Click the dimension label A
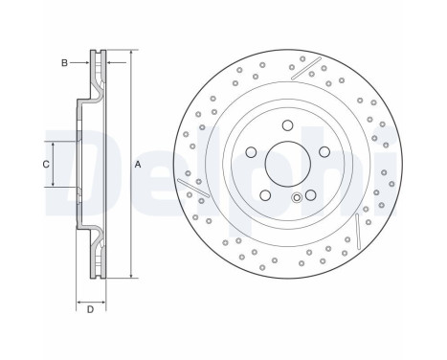pos(138,165)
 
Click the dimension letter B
pos(64,63)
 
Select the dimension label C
pos(45,164)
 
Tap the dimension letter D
pos(89,308)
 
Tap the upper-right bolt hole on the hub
pos(324,151)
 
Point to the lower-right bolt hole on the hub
pos(310,195)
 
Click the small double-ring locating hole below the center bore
pos(297,198)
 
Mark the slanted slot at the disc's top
pos(305,68)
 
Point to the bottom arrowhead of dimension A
pos(130,277)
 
